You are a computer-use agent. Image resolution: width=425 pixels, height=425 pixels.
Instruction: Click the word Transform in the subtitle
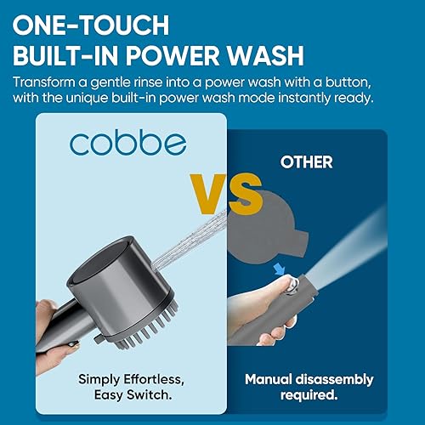pos(48,83)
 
